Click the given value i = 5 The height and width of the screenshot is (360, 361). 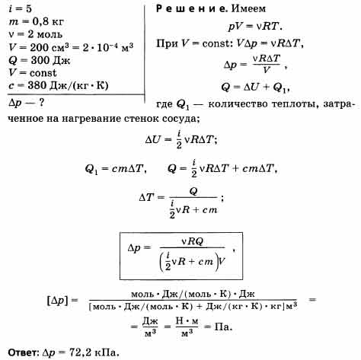(x=20, y=9)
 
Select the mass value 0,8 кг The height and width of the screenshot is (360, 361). (x=48, y=22)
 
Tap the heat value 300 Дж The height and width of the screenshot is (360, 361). (x=50, y=60)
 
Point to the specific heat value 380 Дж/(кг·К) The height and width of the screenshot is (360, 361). (x=68, y=85)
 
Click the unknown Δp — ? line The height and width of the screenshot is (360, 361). (x=27, y=103)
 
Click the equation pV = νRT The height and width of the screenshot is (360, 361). (x=255, y=27)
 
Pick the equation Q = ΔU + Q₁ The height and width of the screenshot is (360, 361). (x=255, y=88)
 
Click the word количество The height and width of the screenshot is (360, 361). (x=238, y=104)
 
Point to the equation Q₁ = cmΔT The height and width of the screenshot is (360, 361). (x=116, y=169)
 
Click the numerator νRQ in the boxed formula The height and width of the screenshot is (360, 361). (x=193, y=241)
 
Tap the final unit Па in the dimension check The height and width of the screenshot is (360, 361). (x=223, y=327)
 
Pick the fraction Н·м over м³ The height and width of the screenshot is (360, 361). (x=187, y=327)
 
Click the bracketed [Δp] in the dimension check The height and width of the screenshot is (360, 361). (x=58, y=301)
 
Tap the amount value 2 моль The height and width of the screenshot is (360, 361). (x=45, y=34)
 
